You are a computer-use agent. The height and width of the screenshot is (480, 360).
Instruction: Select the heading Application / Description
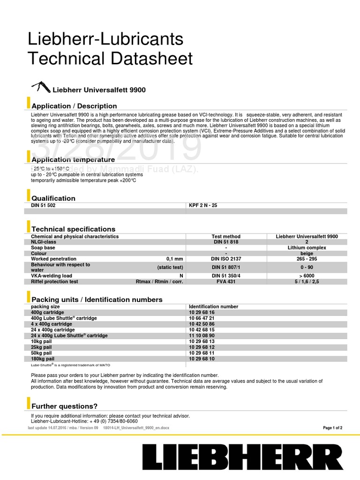pos(74,106)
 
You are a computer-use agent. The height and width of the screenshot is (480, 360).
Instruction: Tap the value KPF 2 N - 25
pos(203,205)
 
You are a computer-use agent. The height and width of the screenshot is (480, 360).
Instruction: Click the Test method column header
pos(226,237)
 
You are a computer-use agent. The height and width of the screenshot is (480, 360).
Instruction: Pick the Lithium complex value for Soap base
pos(307,247)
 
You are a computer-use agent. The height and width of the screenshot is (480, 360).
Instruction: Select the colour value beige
pos(307,253)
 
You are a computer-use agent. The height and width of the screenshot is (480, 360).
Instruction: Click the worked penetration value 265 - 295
pos(307,259)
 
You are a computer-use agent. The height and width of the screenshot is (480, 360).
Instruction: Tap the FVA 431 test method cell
pos(226,282)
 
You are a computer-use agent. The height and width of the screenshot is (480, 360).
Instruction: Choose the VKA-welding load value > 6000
pos(307,276)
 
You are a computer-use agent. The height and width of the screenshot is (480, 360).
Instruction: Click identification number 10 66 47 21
pos(202,318)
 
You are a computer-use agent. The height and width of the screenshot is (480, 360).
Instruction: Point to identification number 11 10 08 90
pos(202,336)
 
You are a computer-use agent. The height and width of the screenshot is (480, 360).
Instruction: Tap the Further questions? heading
pos(64,406)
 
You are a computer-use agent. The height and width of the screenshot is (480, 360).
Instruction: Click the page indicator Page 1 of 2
pos(333,428)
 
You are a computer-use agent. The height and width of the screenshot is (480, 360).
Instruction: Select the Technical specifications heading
pos(73,229)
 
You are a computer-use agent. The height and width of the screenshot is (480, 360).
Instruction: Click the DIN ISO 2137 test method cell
pos(226,259)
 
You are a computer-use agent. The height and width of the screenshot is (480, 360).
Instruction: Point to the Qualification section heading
pos(53,198)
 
